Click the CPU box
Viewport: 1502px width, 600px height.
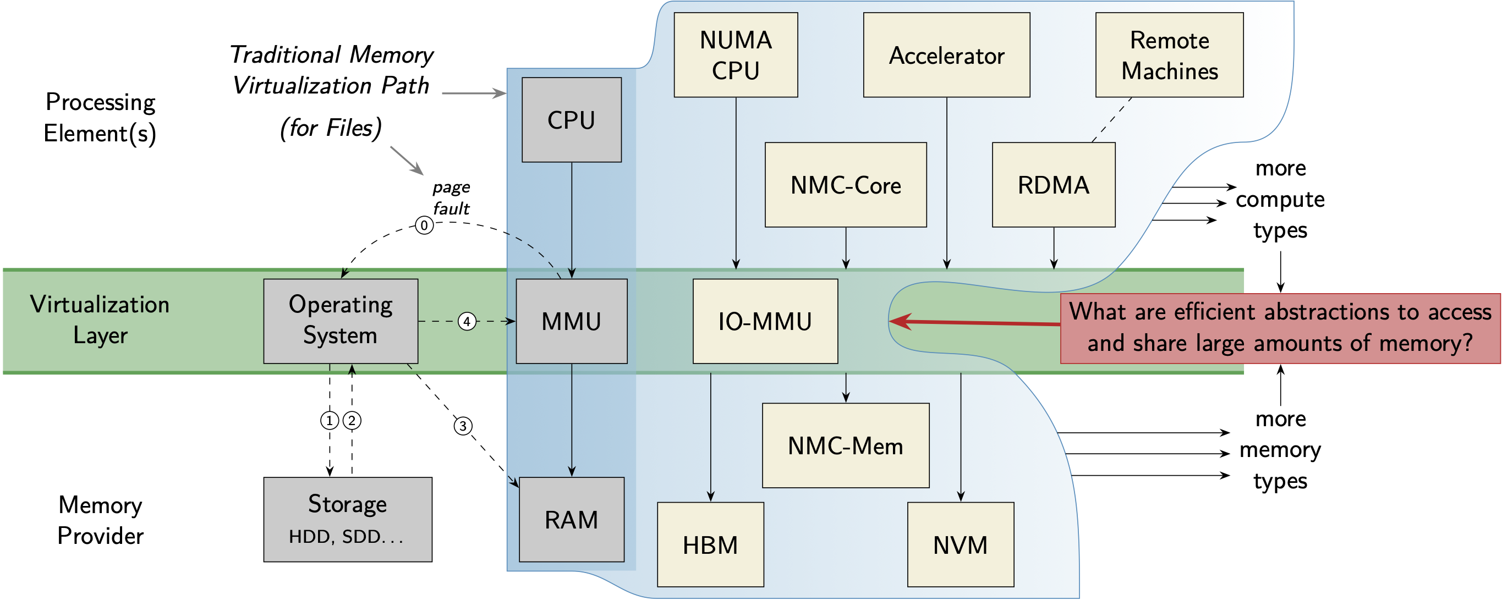pyautogui.click(x=572, y=120)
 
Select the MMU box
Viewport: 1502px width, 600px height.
pyautogui.click(x=572, y=321)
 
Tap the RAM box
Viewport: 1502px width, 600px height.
pyautogui.click(x=572, y=520)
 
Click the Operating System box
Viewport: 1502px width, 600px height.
pyautogui.click(x=341, y=321)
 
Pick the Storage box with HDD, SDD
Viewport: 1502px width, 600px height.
pyautogui.click(x=348, y=520)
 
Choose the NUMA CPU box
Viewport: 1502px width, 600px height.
pyautogui.click(x=736, y=55)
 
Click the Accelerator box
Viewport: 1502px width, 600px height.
pyautogui.click(x=946, y=55)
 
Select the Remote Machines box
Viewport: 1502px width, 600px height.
pyautogui.click(x=1169, y=55)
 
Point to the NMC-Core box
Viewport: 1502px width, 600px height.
pyautogui.click(x=846, y=185)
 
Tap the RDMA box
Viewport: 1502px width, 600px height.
pyautogui.click(x=1054, y=185)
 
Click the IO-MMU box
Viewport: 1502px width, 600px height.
pyautogui.click(x=765, y=321)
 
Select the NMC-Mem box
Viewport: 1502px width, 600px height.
pyautogui.click(x=846, y=445)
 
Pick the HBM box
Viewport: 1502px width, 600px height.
pyautogui.click(x=710, y=544)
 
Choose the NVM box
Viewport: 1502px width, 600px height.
pyautogui.click(x=960, y=544)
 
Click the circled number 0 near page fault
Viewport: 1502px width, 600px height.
pyautogui.click(x=424, y=225)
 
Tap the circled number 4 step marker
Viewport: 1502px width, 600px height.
pyautogui.click(x=467, y=321)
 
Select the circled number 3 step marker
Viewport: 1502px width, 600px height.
pyautogui.click(x=463, y=426)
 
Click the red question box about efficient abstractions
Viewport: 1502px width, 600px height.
pyautogui.click(x=1280, y=328)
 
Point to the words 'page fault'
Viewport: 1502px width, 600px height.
pyautogui.click(x=451, y=197)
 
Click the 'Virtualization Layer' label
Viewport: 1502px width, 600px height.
pyautogui.click(x=100, y=320)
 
